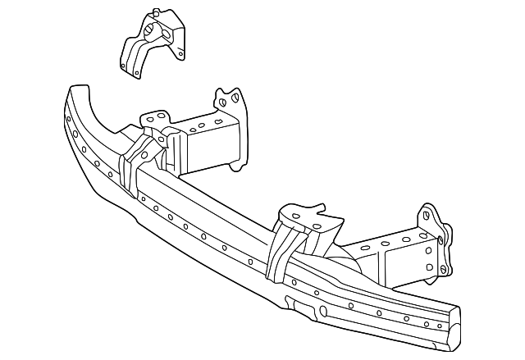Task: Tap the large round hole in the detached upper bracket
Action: (x=151, y=32)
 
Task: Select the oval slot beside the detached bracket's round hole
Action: (x=167, y=34)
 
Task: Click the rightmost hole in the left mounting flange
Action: (x=234, y=98)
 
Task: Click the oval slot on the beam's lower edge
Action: (x=322, y=312)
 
